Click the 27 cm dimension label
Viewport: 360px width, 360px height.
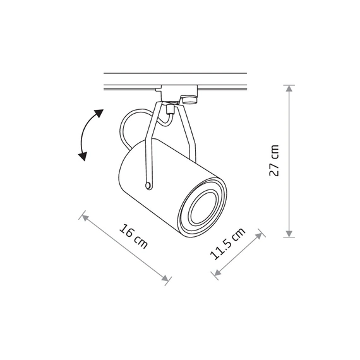point(274,160)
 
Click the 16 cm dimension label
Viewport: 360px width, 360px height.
point(133,236)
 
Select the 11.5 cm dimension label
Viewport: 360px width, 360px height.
point(227,244)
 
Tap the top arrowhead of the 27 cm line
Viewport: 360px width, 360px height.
point(289,88)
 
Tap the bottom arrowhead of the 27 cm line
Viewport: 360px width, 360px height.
point(289,234)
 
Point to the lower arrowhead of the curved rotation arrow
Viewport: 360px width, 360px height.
point(83,157)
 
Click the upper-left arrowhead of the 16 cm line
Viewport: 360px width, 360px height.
point(85,218)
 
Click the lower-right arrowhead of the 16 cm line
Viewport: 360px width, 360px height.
point(165,278)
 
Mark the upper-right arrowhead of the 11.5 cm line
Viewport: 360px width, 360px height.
point(259,236)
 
